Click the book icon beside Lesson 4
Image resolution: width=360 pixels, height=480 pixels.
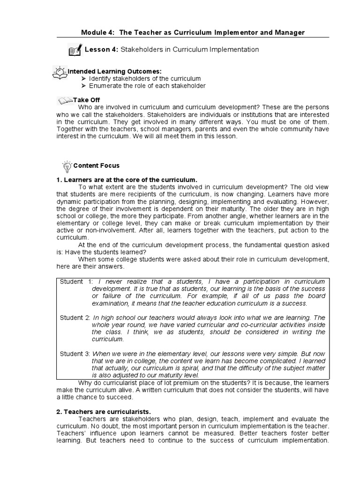coord(75,50)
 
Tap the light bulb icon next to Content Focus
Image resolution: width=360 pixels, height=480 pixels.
coord(67,165)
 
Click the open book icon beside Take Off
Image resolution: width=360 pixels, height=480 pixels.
coord(65,100)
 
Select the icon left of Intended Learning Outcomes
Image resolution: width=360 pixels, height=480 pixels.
coord(60,72)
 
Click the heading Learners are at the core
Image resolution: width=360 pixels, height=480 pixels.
coord(127,180)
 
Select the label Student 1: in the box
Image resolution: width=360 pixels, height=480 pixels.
coord(76,281)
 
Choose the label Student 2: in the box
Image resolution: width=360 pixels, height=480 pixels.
coord(75,318)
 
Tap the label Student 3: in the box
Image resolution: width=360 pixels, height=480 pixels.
coord(75,354)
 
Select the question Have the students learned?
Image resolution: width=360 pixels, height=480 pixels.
coord(96,252)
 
